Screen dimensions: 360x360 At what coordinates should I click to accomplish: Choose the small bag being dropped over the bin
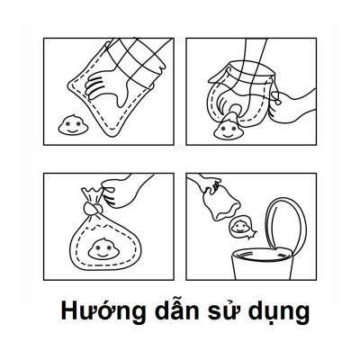pyautogui.click(x=215, y=202)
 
